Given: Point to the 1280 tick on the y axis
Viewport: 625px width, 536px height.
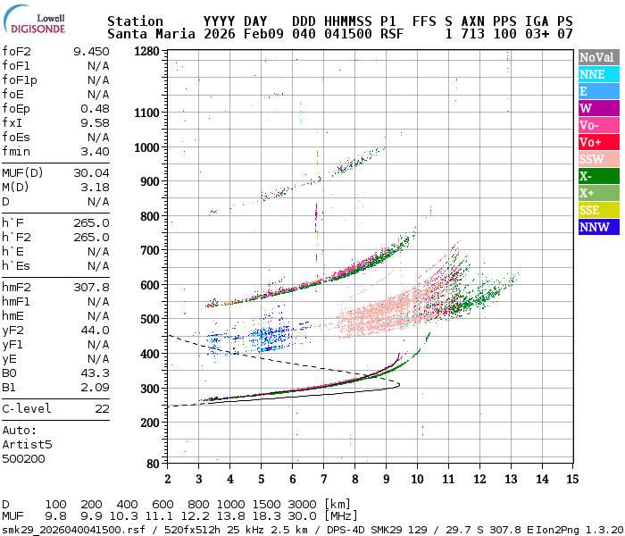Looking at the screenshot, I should (146, 52).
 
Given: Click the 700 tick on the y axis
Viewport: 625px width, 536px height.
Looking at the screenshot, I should (150, 251).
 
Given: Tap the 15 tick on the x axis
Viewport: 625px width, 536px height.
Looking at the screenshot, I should (572, 479).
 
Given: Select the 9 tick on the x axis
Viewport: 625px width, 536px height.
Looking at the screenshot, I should (386, 479).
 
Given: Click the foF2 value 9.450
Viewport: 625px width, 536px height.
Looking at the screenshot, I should (91, 52).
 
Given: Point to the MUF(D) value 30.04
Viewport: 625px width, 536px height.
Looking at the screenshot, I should (91, 173).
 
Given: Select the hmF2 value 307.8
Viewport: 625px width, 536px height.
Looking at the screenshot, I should (91, 288).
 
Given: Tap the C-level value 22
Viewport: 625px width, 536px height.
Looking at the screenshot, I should (102, 409).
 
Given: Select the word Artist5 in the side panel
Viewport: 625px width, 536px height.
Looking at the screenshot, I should (27, 444).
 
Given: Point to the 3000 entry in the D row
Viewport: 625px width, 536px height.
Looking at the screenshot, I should (302, 505).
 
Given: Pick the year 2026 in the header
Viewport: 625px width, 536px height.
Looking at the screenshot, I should (218, 34).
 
